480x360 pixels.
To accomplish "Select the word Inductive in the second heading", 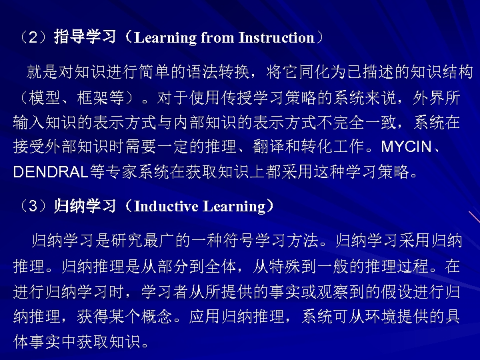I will click(x=166, y=207).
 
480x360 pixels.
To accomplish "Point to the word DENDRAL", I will click(x=51, y=172).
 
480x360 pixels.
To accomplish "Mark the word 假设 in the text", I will click(x=381, y=291).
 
